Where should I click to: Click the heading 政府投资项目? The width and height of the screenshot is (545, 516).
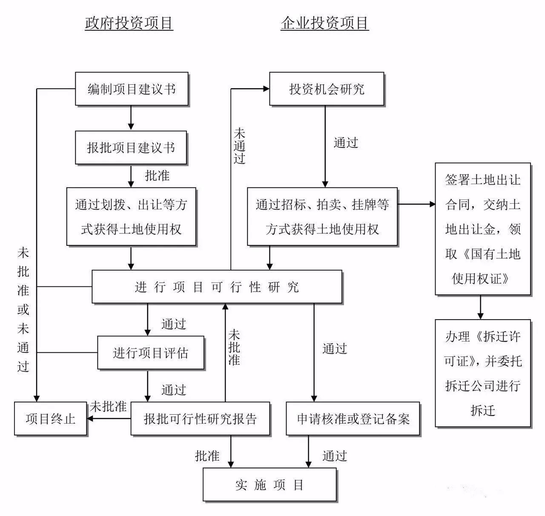[x=129, y=23]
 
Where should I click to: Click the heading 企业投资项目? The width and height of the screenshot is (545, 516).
[x=324, y=23]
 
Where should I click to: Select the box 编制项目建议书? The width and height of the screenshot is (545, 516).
[x=132, y=89]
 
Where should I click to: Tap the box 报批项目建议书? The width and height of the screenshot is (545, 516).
[x=131, y=147]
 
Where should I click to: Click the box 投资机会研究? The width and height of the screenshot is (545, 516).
[x=327, y=89]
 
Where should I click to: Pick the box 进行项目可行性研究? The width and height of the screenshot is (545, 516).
[x=217, y=287]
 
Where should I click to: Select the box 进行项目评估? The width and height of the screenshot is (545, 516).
[x=150, y=353]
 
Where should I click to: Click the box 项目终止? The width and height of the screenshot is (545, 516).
[x=50, y=418]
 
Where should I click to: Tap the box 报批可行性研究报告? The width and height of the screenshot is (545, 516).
[x=200, y=418]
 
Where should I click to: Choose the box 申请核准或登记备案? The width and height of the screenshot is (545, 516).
[x=353, y=418]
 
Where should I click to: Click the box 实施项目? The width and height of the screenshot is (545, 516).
[x=270, y=484]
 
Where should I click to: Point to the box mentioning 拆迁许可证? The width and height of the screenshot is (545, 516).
[x=483, y=373]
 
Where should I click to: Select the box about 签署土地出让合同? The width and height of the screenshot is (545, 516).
[x=483, y=229]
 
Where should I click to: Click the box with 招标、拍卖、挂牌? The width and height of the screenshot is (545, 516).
[x=322, y=217]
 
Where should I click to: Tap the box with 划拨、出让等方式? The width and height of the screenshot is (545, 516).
[x=131, y=217]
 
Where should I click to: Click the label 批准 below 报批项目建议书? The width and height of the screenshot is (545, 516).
[x=157, y=176]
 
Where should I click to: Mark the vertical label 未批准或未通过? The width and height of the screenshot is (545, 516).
[x=23, y=310]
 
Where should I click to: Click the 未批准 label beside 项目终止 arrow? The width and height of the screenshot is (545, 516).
[x=108, y=406]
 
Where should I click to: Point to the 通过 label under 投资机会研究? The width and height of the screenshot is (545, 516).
[x=346, y=143]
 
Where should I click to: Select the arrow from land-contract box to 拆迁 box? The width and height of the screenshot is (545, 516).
[x=480, y=307]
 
